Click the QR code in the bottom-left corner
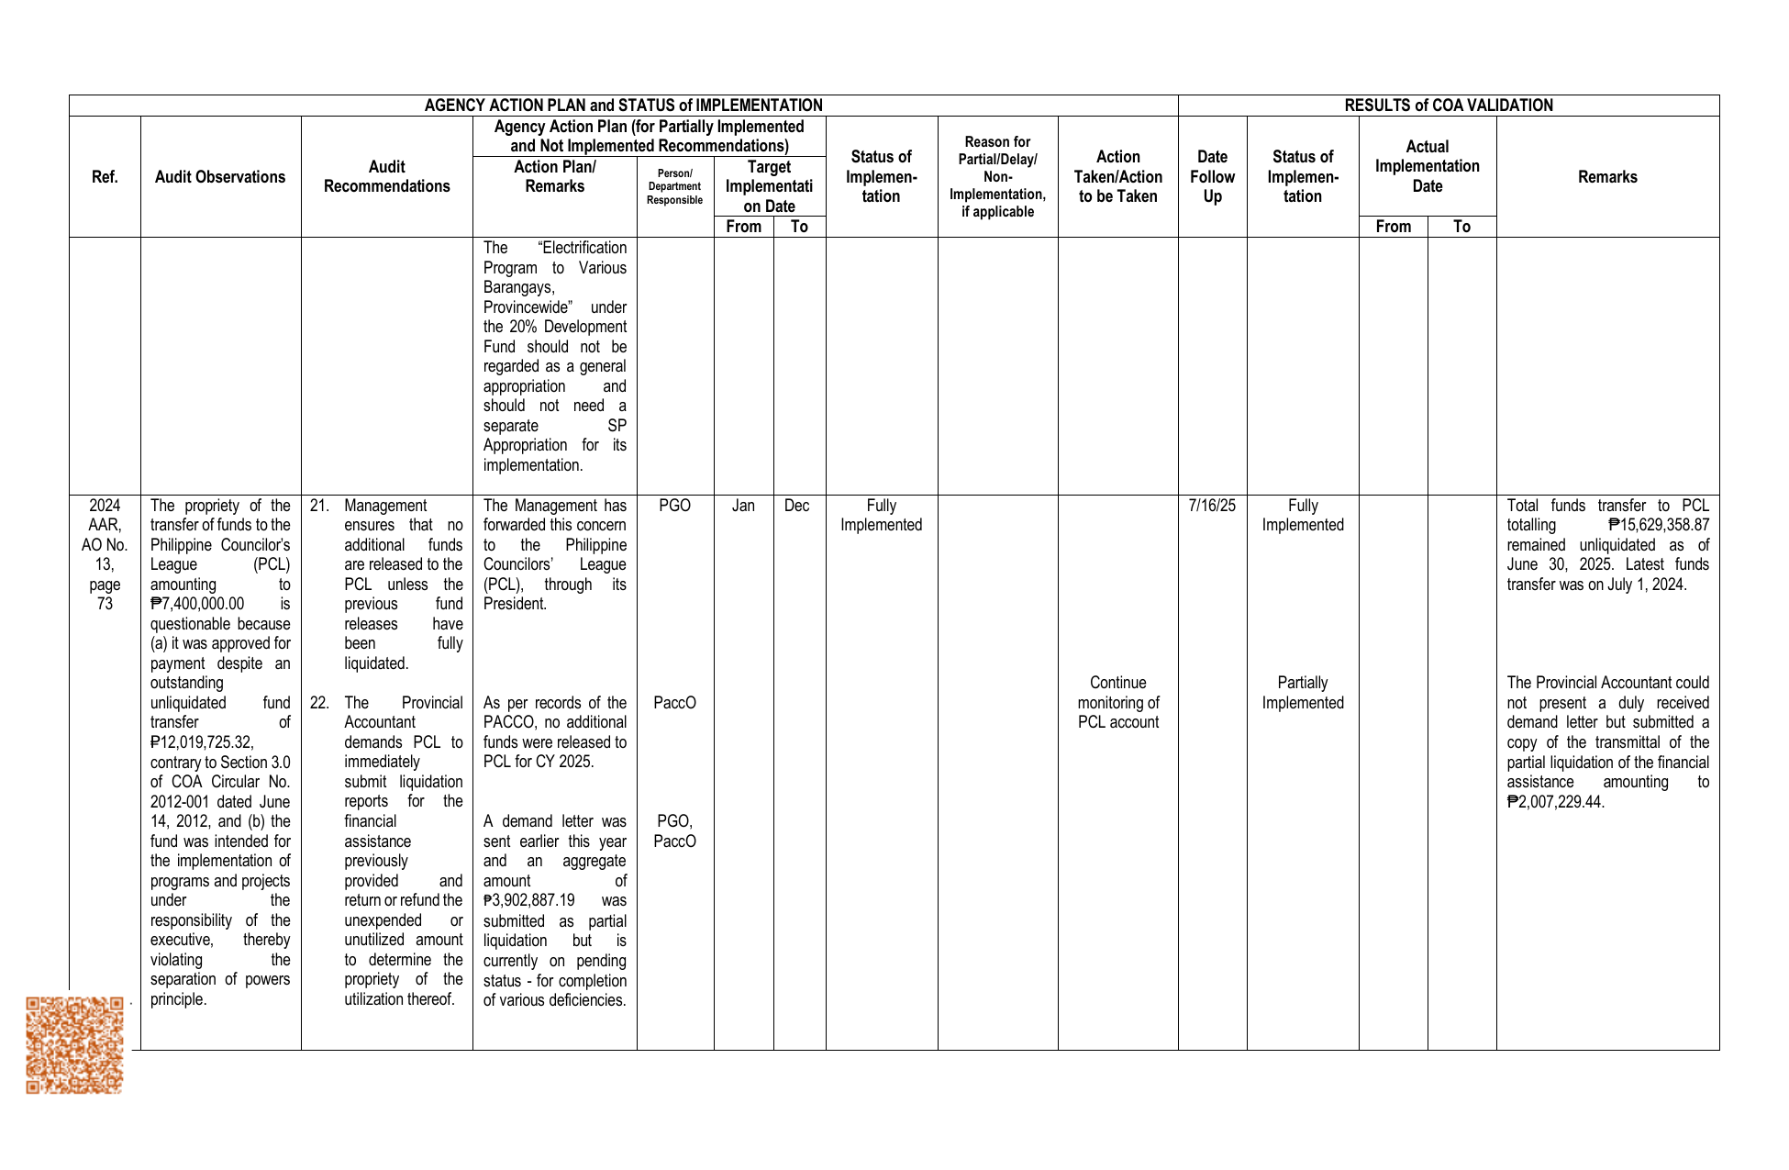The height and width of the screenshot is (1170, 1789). [x=74, y=1044]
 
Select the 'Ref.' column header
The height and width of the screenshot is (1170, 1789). [x=105, y=177]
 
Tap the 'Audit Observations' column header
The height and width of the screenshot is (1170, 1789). [x=220, y=177]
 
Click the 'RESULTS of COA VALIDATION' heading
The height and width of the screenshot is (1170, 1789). [x=1448, y=106]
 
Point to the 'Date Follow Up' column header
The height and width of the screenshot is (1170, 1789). [x=1212, y=177]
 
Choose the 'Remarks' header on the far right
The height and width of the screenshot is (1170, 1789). [x=1607, y=177]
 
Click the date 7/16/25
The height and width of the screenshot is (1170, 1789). [x=1212, y=506]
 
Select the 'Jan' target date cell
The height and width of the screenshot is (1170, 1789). [x=743, y=506]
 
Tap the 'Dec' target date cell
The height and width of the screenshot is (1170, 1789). [x=796, y=506]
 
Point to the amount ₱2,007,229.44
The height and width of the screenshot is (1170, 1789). [x=1555, y=802]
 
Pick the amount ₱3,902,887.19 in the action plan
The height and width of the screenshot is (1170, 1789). [x=529, y=901]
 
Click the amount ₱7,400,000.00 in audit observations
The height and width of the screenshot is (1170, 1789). [x=197, y=604]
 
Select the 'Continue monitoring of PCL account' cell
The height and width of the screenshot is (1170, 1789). [x=1117, y=702]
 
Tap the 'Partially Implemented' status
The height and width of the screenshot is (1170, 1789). [x=1302, y=693]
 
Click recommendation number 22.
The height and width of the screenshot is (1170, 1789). [x=319, y=703]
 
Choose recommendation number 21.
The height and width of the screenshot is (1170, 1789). [x=319, y=506]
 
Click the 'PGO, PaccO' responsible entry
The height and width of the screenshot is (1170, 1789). [x=674, y=831]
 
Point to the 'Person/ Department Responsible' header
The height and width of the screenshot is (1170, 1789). [x=674, y=187]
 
